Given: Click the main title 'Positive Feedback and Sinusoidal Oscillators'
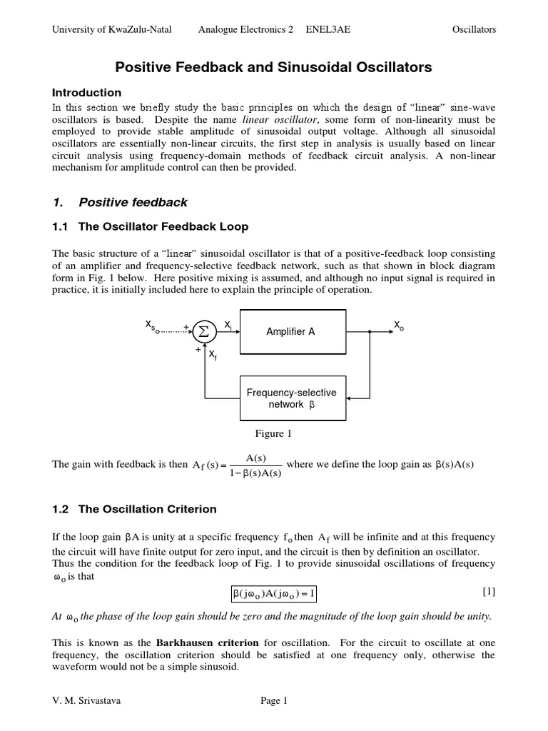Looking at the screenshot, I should pos(274,68).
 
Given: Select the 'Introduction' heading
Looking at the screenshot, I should pos(87,93).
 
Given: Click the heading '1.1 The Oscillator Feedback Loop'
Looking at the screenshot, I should pos(151,227).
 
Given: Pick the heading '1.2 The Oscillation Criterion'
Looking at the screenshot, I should pos(135,509).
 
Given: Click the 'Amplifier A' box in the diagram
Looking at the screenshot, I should pos(292,331).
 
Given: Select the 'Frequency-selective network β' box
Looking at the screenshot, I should pos(292,398).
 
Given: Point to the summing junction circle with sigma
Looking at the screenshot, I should pos(203,331).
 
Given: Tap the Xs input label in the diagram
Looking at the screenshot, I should pos(151,326).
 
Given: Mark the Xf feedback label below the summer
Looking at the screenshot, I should pos(213,355).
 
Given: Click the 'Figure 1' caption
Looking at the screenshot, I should pos(273,433).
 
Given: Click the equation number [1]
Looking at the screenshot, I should pos(488,591).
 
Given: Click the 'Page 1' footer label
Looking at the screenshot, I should pos(273,701).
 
